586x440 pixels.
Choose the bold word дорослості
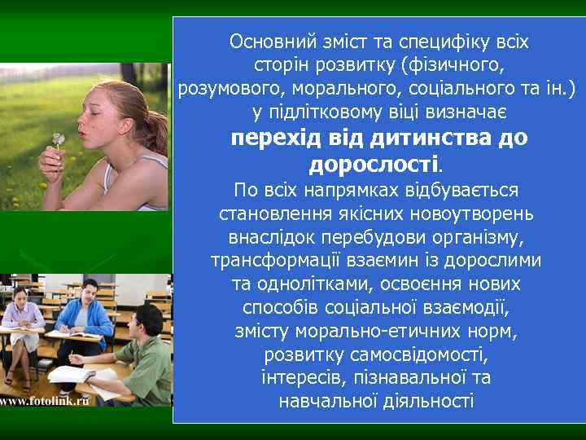click(374, 165)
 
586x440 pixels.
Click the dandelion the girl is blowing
click(58, 139)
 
